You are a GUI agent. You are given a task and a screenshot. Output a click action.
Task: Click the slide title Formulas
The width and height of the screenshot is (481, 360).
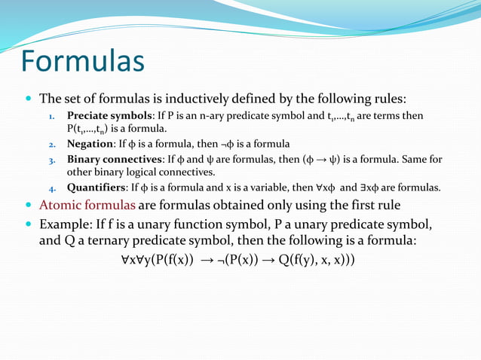(x=83, y=61)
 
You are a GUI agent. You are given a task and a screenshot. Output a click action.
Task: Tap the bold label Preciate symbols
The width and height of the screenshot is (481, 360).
(x=110, y=116)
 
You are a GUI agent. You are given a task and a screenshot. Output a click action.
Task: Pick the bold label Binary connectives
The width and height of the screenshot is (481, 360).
(x=115, y=160)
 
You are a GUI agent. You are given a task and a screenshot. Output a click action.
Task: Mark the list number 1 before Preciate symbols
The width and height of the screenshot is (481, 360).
(x=51, y=117)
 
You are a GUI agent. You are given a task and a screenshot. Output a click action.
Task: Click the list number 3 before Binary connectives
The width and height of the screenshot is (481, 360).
(x=51, y=160)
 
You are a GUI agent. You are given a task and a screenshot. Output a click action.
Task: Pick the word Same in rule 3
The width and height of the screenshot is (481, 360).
(x=412, y=160)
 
